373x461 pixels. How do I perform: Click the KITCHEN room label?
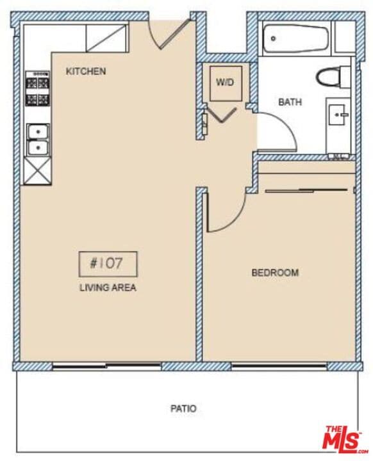coord(86,71)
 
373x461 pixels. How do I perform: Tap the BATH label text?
coord(290,102)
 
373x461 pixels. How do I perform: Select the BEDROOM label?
coord(275,273)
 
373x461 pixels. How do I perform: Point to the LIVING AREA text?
coord(108,288)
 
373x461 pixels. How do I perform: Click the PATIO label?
coord(183,408)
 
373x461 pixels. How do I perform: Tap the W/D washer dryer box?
coord(225,83)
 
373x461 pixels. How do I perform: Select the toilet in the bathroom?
coord(332,77)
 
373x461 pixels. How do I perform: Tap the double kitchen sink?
coord(38,140)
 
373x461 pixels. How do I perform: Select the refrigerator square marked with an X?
coord(37,172)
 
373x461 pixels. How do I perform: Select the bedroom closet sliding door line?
coord(308,190)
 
